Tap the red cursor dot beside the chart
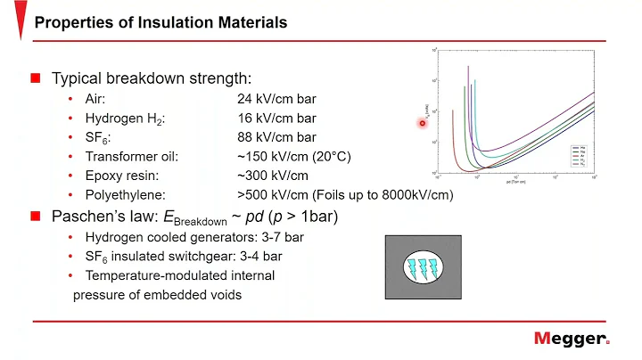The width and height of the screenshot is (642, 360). tap(424, 123)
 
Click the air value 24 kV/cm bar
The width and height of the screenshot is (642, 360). tap(276, 99)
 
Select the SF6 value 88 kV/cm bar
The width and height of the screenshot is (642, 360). tap(276, 137)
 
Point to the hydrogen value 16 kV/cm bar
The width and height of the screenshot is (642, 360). tap(276, 118)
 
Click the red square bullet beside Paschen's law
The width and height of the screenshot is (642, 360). tap(36, 216)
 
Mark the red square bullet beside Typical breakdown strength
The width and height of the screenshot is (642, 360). tap(36, 78)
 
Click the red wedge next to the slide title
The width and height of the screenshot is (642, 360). tap(21, 21)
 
